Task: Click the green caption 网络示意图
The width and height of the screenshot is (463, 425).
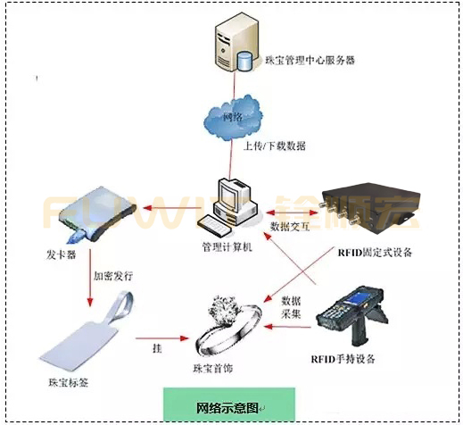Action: pyautogui.click(x=227, y=406)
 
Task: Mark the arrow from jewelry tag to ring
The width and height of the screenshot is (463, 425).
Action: pyautogui.click(x=157, y=339)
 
